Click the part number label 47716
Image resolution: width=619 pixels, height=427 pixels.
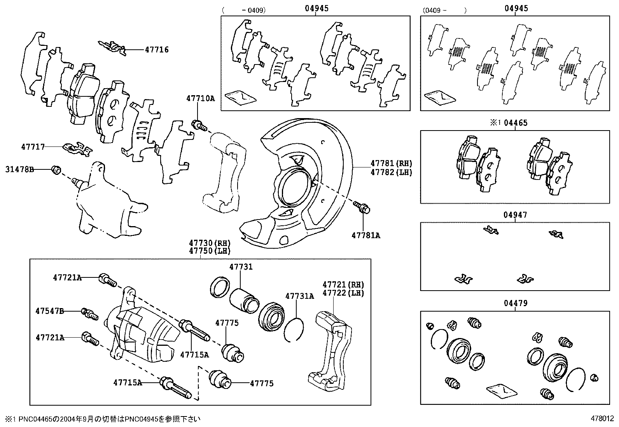point(157,50)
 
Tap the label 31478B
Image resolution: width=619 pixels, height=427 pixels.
point(20,169)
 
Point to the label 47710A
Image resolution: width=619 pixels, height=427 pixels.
point(200,99)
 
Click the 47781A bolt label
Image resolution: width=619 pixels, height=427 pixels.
point(366,235)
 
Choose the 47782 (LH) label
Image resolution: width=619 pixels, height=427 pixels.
point(391,172)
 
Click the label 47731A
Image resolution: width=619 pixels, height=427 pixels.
point(299,296)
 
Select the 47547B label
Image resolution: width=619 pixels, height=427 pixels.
point(49,311)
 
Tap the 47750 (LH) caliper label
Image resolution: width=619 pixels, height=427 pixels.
point(210,251)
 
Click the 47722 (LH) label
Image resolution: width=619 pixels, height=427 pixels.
point(343,293)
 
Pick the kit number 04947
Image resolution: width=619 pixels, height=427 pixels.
point(515,215)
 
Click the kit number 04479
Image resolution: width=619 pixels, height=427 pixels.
point(515,303)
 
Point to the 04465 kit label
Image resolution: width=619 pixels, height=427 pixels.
point(516,123)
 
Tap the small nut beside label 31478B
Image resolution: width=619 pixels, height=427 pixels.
point(56,170)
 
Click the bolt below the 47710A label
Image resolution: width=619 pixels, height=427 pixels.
point(199,125)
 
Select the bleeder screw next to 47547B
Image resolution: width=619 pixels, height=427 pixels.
point(89,313)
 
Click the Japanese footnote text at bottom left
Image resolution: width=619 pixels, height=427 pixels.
point(103,419)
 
